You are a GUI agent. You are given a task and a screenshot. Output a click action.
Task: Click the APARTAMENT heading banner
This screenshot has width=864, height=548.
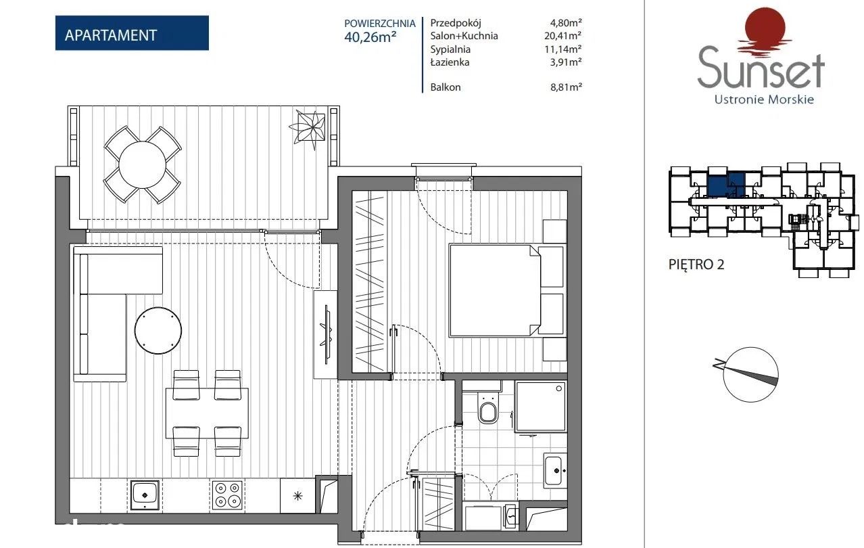pos(132,32)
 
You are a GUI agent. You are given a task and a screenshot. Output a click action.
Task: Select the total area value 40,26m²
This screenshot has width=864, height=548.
pos(370,37)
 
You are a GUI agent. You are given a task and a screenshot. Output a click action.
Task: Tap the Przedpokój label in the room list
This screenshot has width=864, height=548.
pos(456,23)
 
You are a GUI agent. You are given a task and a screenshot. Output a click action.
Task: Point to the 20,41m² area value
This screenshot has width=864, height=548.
pos(562,36)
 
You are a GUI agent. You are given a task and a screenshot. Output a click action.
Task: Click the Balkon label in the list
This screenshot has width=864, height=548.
pos(446,87)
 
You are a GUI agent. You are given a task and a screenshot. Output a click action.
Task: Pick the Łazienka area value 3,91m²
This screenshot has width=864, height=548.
pos(566,62)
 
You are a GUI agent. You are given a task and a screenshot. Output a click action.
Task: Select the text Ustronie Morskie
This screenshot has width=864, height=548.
pos(764,99)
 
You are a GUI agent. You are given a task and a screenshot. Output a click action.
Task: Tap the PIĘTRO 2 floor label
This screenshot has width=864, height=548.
pos(696,265)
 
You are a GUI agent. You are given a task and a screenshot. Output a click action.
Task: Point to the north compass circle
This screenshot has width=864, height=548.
pos(750,375)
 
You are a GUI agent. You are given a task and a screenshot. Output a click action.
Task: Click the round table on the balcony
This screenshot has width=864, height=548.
pos(143,165)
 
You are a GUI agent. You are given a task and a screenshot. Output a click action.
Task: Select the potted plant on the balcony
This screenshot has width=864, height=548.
pos(308,127)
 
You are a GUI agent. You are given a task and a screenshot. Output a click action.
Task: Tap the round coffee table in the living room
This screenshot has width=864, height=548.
pos(158,330)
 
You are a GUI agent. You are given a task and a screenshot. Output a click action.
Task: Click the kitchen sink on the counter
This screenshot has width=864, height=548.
pos(145,495)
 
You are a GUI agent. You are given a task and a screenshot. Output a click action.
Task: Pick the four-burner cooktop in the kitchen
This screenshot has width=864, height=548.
pos(227,495)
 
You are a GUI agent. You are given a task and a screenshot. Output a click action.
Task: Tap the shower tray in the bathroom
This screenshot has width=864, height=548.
pos(540,407)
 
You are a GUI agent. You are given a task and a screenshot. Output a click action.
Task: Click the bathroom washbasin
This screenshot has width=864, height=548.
pos(554,471)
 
